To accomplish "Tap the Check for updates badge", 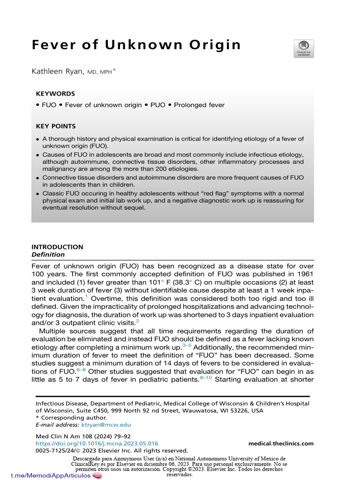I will tap(303, 48).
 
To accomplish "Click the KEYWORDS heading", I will tap(55, 94).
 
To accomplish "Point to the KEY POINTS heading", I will tap(56, 127).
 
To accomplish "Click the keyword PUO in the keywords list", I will tap(157, 105).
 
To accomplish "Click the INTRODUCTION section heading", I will tap(57, 247).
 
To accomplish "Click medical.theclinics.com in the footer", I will tap(281, 443).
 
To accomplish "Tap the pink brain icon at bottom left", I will tap(97, 475).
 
